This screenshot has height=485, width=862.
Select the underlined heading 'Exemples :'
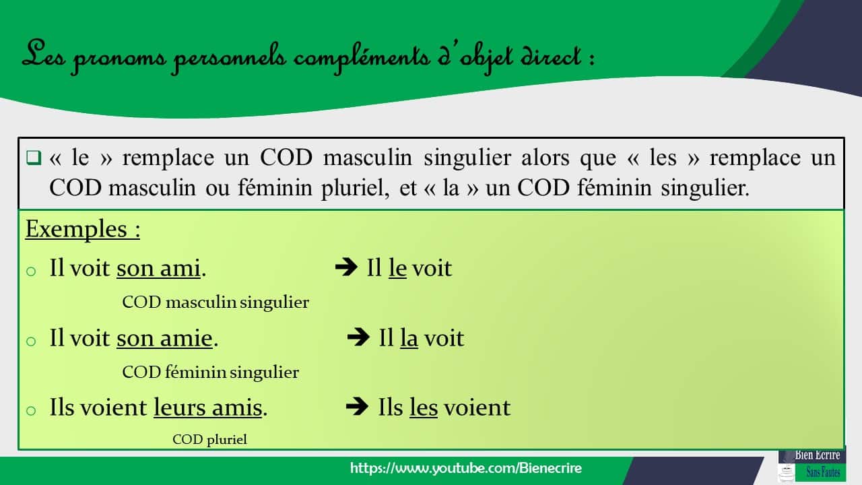(83, 230)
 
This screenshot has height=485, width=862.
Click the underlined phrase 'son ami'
(158, 268)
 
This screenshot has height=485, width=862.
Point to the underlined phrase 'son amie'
(164, 338)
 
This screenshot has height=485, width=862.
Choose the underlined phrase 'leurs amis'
(207, 408)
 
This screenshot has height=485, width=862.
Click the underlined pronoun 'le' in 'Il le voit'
(397, 268)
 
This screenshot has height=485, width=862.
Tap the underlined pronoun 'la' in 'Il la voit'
(409, 338)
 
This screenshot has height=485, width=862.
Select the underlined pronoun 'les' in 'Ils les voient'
(424, 408)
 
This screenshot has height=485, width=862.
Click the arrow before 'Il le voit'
(345, 267)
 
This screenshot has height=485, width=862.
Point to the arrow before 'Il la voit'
(358, 337)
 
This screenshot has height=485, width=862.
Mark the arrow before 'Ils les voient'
(356, 407)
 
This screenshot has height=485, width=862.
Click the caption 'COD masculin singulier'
(215, 302)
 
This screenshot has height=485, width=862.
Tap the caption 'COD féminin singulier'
(210, 372)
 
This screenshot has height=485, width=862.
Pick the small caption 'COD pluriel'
(209, 440)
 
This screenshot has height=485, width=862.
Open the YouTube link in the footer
(466, 468)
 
